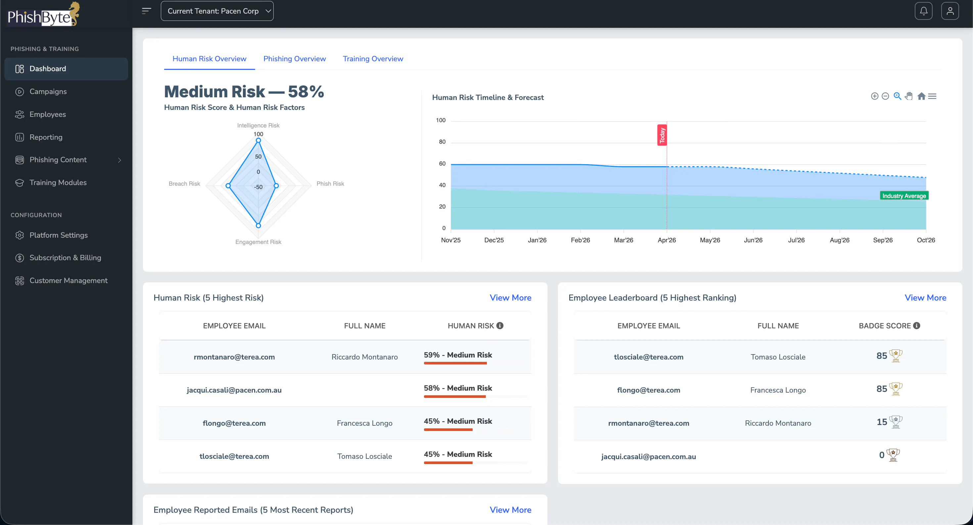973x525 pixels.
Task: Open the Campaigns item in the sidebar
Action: pos(48,91)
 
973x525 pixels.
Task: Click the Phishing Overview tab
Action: pos(294,59)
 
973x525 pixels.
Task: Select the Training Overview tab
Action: pos(373,59)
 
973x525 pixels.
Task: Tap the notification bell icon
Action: pos(923,11)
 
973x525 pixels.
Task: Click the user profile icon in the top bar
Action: pos(950,11)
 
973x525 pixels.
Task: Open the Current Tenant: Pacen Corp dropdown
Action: pos(217,11)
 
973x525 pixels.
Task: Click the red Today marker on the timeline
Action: pos(662,135)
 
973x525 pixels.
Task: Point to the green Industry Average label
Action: pos(904,196)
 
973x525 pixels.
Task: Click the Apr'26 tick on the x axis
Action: pos(667,240)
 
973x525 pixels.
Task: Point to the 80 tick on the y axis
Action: pos(442,142)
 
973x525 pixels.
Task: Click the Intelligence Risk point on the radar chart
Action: pos(258,140)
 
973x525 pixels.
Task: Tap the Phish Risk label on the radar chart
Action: pos(330,184)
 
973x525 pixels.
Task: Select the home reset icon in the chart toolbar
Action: pos(921,96)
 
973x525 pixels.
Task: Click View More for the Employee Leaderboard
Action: pos(925,298)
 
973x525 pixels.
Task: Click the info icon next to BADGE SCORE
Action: pos(917,326)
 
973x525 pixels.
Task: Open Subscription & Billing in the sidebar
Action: pos(65,258)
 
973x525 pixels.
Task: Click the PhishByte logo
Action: pos(43,14)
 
